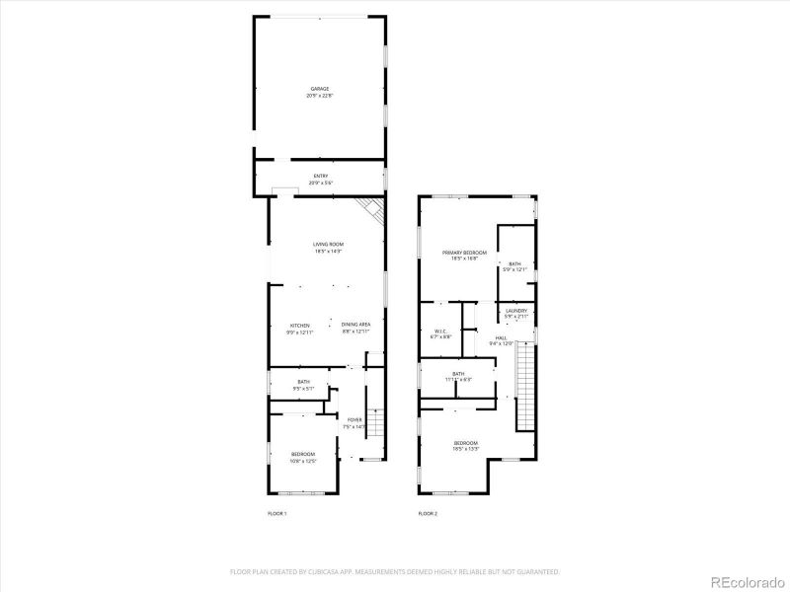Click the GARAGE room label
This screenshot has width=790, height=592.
[x=319, y=89]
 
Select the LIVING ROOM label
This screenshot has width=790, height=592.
[x=328, y=244]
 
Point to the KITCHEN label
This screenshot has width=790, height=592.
[x=300, y=325]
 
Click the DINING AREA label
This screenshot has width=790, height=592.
[x=355, y=325]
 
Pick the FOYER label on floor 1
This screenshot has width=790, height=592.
[x=354, y=419]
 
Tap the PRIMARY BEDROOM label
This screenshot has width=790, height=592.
[x=464, y=253]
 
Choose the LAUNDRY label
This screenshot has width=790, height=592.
[x=516, y=311]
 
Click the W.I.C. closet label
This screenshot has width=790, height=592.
[x=441, y=331]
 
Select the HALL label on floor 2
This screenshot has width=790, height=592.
[x=502, y=337]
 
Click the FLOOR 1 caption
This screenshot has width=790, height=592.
[x=276, y=514]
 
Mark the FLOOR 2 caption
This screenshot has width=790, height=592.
[x=428, y=514]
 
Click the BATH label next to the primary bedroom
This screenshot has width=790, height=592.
[x=514, y=264]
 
